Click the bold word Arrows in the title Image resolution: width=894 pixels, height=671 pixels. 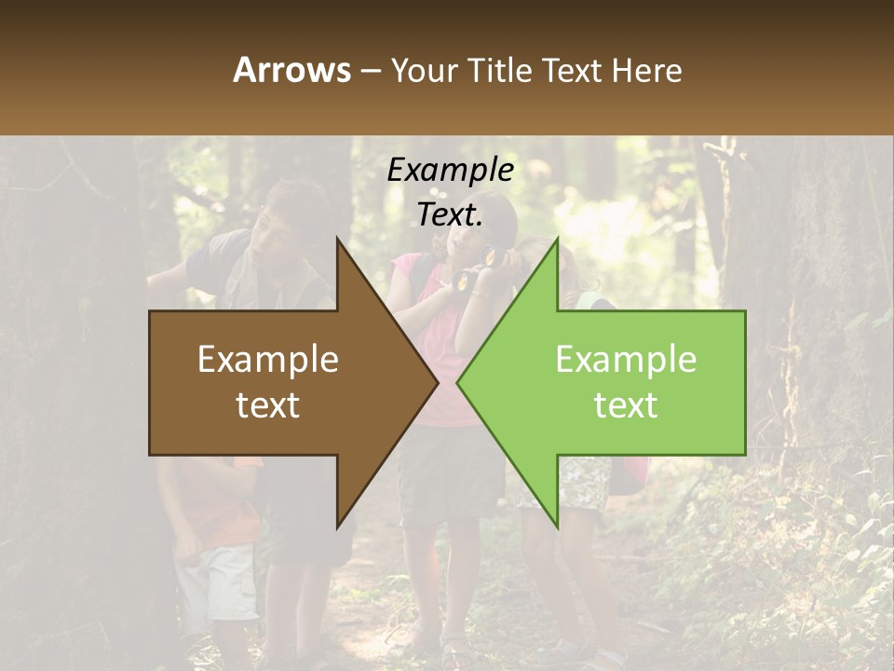[292, 70]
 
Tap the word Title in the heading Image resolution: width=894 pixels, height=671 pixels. [499, 70]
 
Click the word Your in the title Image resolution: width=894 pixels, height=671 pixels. [422, 70]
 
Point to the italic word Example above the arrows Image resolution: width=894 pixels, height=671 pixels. [450, 171]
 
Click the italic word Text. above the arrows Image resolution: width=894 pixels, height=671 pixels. [450, 215]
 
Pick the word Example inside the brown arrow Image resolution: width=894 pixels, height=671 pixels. [268, 360]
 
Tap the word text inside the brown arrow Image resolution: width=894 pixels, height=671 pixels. [268, 405]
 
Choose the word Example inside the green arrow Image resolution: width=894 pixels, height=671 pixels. [626, 360]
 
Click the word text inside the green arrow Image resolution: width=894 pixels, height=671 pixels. [626, 405]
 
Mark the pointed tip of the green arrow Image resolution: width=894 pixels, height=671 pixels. [458, 382]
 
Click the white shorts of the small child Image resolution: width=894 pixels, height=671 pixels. [219, 582]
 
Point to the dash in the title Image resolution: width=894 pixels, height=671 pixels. [370, 71]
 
